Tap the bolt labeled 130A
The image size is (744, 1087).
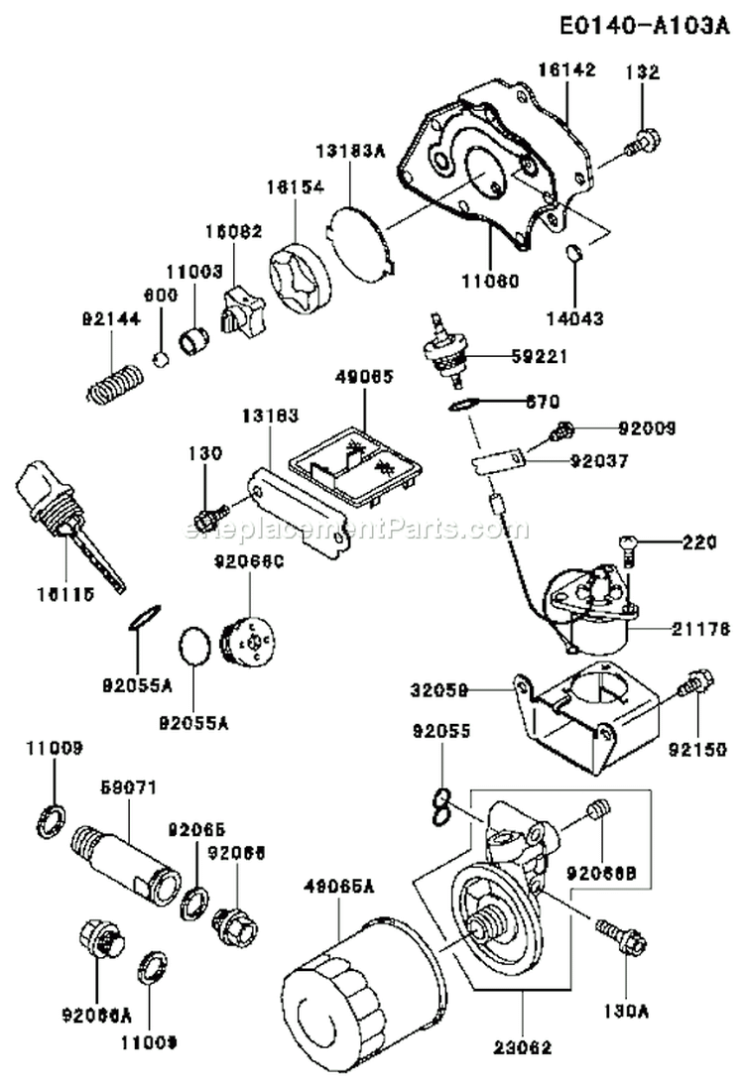click(620, 935)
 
